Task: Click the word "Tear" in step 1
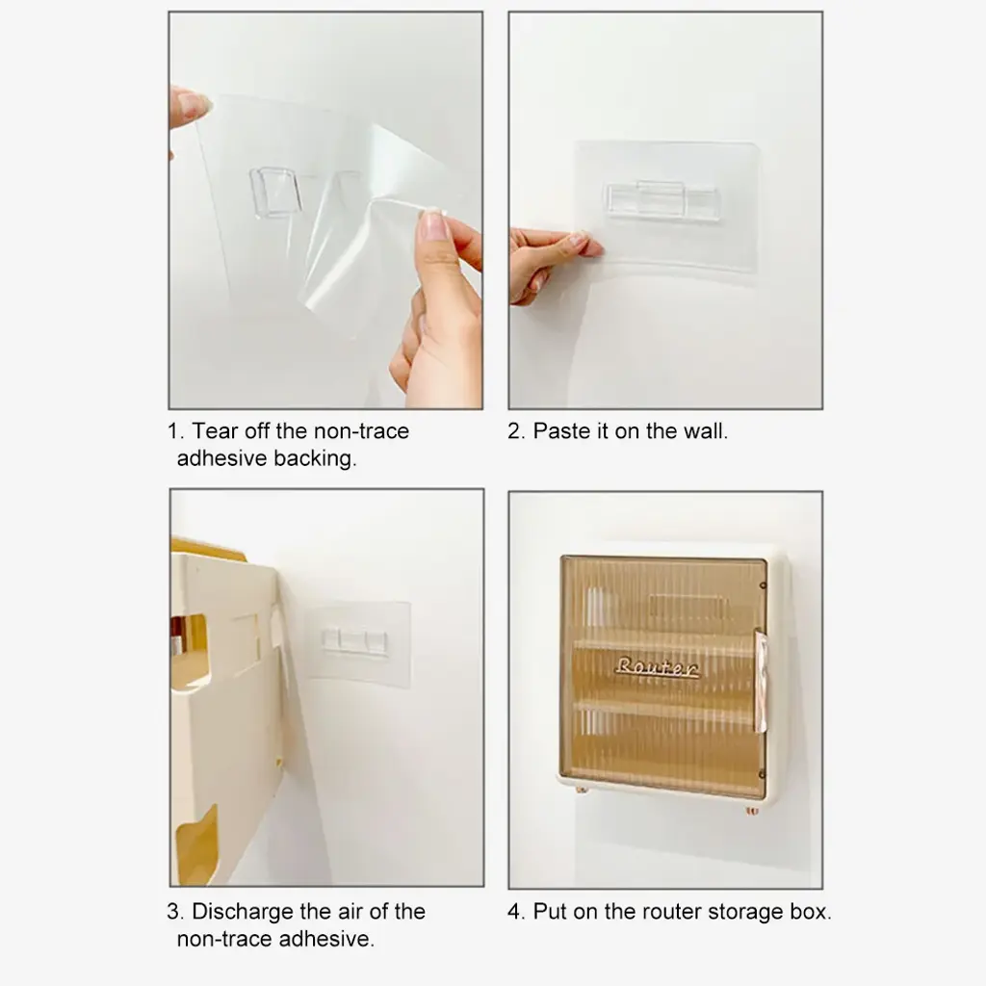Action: point(215,431)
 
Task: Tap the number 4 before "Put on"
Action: point(514,912)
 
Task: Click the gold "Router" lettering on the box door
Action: point(657,667)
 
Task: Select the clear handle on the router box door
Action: point(761,683)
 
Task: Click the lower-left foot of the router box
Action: point(582,789)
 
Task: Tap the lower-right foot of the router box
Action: point(752,810)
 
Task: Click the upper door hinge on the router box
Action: point(763,585)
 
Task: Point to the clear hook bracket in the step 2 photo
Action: point(661,199)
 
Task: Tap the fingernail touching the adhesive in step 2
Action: point(578,239)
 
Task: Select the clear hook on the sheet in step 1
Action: point(275,192)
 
